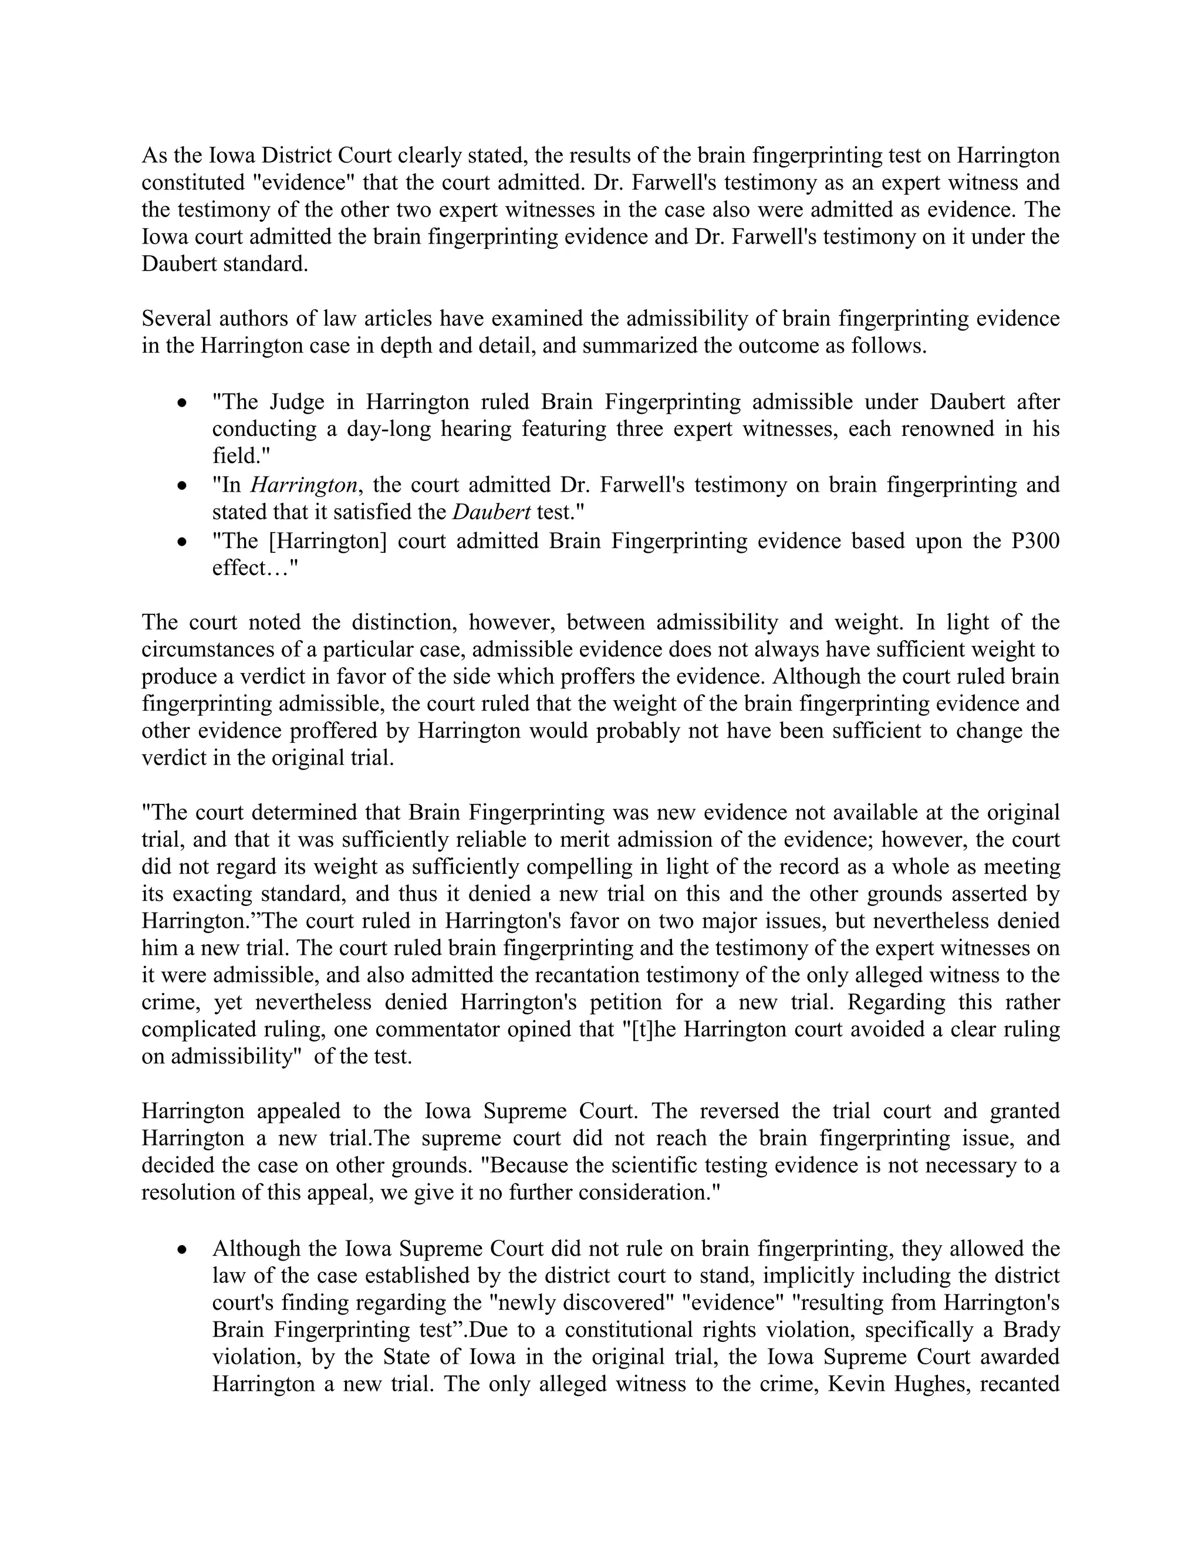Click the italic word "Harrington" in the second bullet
pyautogui.click(x=303, y=486)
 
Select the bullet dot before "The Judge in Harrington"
pyautogui.click(x=183, y=404)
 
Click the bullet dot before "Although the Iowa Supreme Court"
pyautogui.click(x=183, y=1249)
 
